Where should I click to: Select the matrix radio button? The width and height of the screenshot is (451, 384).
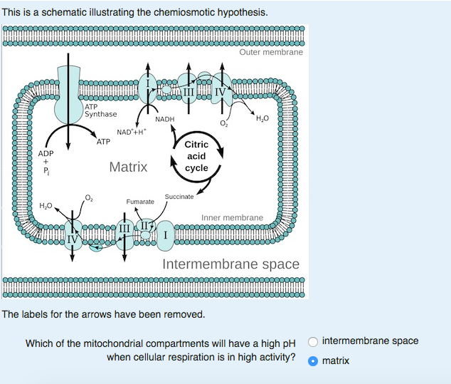tap(313, 360)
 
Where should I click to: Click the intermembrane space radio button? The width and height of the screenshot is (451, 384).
tap(313, 341)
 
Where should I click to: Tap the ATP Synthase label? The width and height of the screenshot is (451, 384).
tap(100, 110)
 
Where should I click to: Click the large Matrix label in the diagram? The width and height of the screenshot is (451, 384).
tap(128, 167)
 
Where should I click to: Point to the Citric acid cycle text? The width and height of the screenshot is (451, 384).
tap(196, 156)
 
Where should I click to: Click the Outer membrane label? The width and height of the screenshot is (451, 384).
tap(271, 52)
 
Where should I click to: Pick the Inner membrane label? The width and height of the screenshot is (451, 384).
tap(232, 217)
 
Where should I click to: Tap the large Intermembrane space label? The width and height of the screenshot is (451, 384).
tap(230, 264)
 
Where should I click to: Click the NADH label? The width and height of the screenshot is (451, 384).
tap(164, 120)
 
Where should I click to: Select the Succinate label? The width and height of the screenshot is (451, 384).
tap(179, 196)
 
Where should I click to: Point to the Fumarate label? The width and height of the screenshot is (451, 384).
tap(140, 202)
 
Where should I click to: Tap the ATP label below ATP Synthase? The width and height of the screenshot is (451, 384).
tap(103, 142)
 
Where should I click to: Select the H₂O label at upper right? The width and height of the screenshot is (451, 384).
tap(262, 118)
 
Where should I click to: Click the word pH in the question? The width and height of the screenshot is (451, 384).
tap(288, 343)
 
